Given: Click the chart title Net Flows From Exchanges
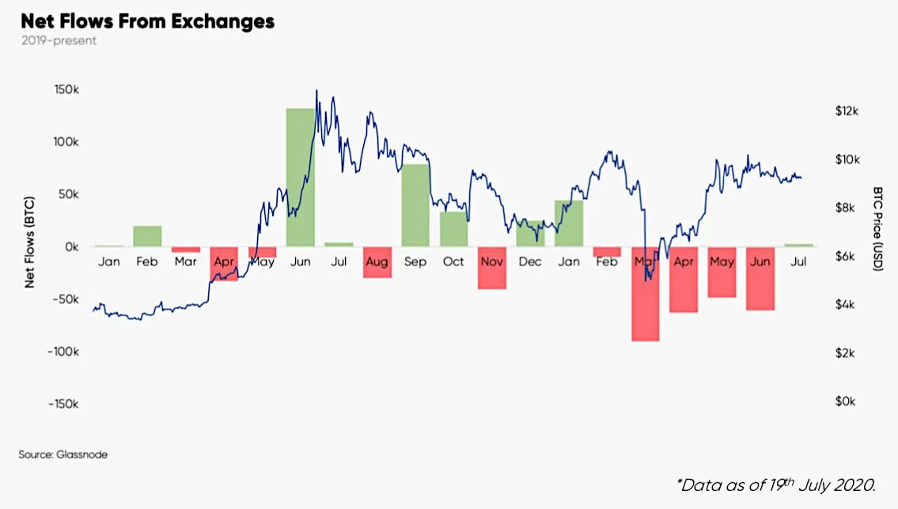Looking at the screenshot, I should pyautogui.click(x=148, y=21).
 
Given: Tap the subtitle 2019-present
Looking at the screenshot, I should pyautogui.click(x=59, y=40).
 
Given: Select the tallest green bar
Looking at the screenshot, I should pyautogui.click(x=301, y=177).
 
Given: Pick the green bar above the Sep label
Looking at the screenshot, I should pyautogui.click(x=415, y=205).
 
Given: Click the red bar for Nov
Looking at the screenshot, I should pyautogui.click(x=492, y=268).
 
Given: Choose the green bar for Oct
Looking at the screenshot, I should pyautogui.click(x=453, y=228).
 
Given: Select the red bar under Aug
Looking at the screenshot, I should pyautogui.click(x=377, y=262).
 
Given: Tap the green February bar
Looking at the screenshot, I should pyautogui.click(x=147, y=236).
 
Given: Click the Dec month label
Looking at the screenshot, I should pyautogui.click(x=529, y=262).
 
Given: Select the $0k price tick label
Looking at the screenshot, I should pyautogui.click(x=847, y=402).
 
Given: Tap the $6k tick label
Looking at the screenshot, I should pyautogui.click(x=847, y=257).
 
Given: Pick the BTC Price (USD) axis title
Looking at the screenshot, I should pyautogui.click(x=877, y=229).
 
